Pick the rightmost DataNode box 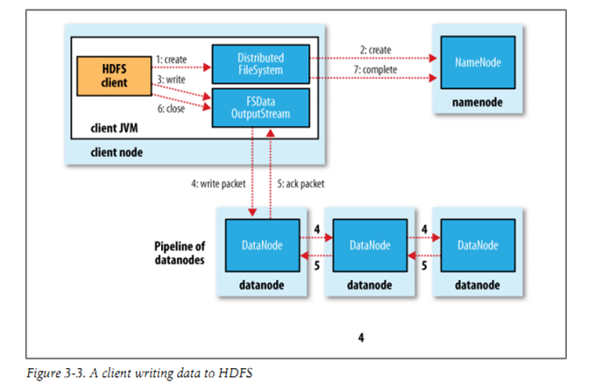(477, 245)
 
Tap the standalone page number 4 (361, 337)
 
